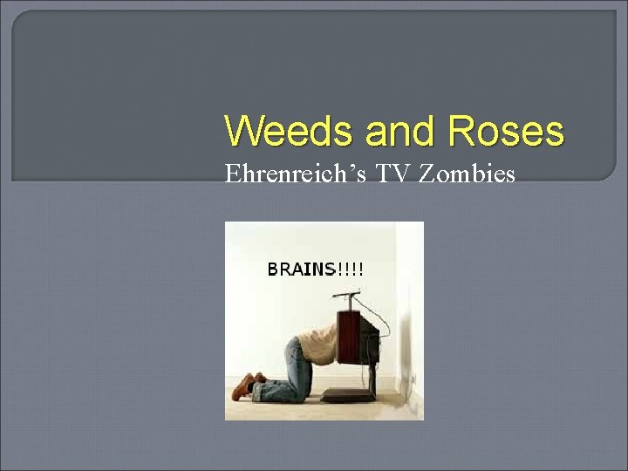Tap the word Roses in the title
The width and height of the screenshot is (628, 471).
(x=507, y=133)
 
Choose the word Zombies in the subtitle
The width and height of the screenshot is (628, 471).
(x=467, y=174)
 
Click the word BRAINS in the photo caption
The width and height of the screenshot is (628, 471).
(x=301, y=269)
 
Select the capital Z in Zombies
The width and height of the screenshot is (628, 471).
(x=427, y=174)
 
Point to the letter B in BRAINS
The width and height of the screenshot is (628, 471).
(x=271, y=269)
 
